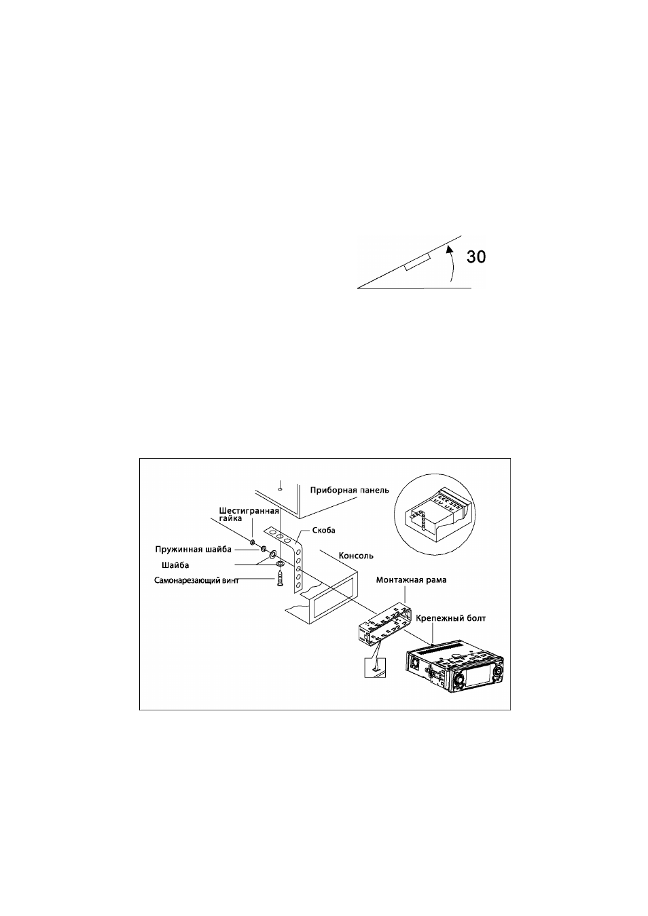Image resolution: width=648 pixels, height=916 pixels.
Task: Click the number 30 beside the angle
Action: pos(476,256)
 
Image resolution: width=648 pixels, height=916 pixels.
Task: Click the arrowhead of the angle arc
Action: pos(449,248)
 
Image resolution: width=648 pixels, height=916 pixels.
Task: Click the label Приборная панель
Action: pos(349,490)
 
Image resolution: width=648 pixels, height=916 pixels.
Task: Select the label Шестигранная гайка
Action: pos(249,514)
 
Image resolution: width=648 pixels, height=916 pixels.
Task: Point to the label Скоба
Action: pos(323,531)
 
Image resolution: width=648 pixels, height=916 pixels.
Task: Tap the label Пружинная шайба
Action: pos(193,549)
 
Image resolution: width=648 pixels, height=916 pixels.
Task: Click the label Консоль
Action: pos(356,556)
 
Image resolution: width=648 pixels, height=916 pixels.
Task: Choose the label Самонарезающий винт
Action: pos(196,581)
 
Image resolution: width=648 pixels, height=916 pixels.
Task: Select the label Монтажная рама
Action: pos(412,580)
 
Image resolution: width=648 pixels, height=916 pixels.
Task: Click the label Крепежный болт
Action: pos(451,618)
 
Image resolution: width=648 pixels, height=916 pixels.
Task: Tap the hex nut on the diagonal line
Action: pos(253,542)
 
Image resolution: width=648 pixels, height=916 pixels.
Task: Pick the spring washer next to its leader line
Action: pos(264,548)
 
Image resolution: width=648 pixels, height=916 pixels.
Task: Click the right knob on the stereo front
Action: pos(498,672)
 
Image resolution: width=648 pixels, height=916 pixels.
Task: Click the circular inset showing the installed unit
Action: pos(437,516)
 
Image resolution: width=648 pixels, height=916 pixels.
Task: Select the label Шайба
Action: pos(175,565)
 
